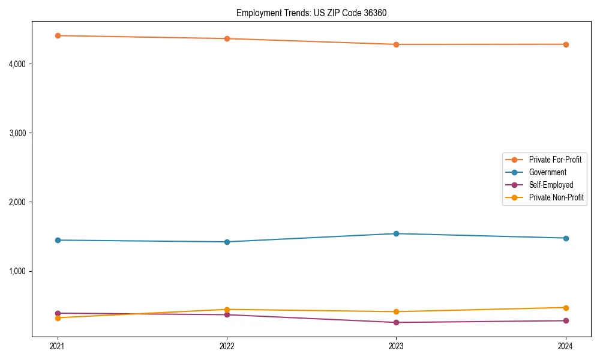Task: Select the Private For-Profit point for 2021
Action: [x=58, y=35]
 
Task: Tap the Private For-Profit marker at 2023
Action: [x=396, y=44]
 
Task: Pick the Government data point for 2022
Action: [x=227, y=242]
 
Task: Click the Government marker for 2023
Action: [x=396, y=233]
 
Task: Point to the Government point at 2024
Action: [x=565, y=238]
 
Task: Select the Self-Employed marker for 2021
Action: [x=58, y=313]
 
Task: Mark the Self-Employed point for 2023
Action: [x=396, y=322]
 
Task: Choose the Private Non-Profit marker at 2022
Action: [x=227, y=310]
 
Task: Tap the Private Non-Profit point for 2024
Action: [x=565, y=308]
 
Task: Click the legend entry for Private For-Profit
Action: [x=555, y=160]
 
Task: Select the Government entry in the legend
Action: [x=548, y=172]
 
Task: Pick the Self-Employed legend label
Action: [x=551, y=185]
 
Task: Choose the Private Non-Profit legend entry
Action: [x=556, y=197]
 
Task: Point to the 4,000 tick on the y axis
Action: [x=17, y=64]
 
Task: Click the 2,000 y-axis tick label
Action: [x=17, y=202]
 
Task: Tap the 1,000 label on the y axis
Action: [x=17, y=271]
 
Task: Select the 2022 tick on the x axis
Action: [x=227, y=346]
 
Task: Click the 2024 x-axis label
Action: [x=565, y=346]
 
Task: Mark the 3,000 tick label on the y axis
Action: [x=17, y=133]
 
